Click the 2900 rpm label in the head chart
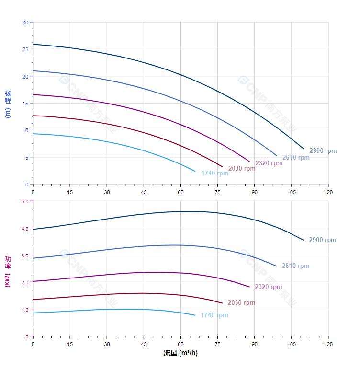pos(323,150)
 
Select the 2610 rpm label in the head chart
pos(295,158)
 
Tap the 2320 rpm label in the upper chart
pos(269,163)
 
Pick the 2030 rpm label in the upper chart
pos(242,169)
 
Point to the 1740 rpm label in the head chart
pos(214,174)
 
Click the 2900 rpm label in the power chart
pos(322,240)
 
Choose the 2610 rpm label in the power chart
pos(295,266)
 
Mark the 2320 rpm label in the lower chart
pos(268,287)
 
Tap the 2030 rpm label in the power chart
pos(241,303)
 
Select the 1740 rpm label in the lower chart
pos(214,315)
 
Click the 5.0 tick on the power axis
pos(25,201)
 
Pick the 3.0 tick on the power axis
pos(25,255)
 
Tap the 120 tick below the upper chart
pos(328,192)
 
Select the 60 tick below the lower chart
pos(180,344)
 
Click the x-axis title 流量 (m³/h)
pos(180,353)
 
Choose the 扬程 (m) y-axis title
pos(8,104)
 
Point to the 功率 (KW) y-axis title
pos(8,271)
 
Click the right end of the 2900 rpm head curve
pos(304,149)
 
